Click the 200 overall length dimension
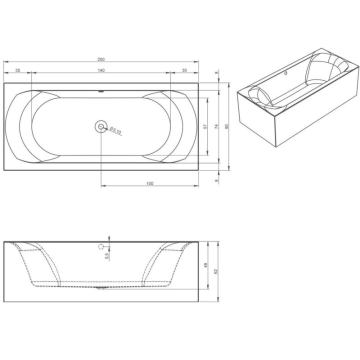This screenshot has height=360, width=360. [x=101, y=59]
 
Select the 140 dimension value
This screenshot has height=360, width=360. [x=101, y=70]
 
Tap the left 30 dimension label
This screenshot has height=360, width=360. [x=17, y=70]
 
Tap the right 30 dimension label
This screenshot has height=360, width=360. [x=184, y=70]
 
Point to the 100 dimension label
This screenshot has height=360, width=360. [x=149, y=183]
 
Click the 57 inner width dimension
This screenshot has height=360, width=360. [x=205, y=126]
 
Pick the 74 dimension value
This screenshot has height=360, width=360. [x=216, y=126]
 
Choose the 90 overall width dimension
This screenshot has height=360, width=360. [x=226, y=126]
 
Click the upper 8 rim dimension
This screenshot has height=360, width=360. [x=216, y=73]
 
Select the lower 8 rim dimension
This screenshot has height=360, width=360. [x=216, y=180]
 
